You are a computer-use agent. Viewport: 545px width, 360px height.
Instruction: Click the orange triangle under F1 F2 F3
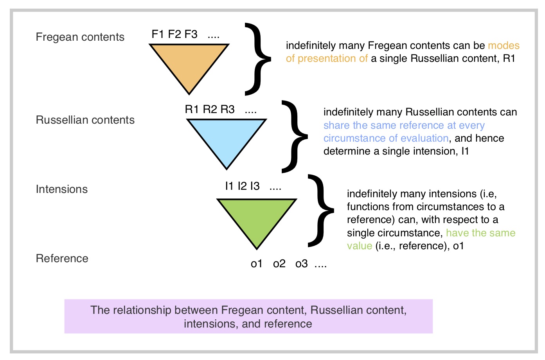coord(189,63)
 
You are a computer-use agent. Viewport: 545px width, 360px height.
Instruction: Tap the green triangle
coord(257,218)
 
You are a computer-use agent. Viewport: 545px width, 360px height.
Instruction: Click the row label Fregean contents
coord(80,37)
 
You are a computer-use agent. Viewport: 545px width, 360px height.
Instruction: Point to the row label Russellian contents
coord(85,120)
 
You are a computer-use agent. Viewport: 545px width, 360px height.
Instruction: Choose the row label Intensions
coord(61,189)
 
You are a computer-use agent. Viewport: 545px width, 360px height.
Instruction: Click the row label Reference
coord(62,258)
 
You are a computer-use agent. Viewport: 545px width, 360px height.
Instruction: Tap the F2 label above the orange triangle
coord(174,34)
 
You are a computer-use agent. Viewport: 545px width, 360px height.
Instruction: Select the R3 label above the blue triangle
coord(227,110)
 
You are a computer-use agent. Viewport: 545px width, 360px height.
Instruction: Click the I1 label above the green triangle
coord(229,186)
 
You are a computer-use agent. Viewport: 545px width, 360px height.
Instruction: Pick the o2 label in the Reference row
coord(279,264)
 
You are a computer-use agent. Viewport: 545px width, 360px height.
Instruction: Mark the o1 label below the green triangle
coord(256,264)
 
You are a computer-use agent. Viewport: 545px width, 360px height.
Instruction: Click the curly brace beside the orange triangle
coord(257,59)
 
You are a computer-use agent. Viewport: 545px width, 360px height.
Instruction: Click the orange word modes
coord(504,46)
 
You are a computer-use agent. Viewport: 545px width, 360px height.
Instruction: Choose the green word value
coord(359,246)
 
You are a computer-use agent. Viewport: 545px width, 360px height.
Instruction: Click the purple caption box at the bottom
coord(248,317)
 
